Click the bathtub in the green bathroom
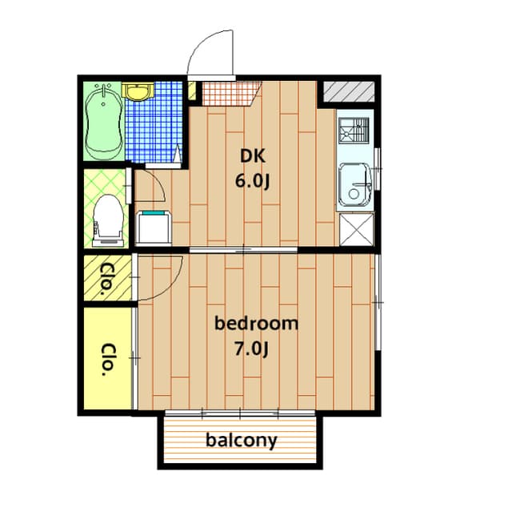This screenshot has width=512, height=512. click(104, 122)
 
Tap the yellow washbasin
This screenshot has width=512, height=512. click(138, 91)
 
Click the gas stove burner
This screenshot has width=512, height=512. click(354, 131)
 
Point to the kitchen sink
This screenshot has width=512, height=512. click(355, 185)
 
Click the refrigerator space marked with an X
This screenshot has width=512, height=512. click(356, 229)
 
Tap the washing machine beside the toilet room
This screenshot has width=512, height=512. click(154, 228)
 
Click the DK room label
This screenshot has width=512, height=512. click(253, 156)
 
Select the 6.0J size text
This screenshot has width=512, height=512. click(253, 181)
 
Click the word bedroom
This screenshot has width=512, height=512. click(256, 323)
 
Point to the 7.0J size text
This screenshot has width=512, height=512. click(251, 349)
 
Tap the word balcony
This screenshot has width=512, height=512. click(242, 441)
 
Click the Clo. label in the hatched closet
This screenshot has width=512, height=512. click(106, 279)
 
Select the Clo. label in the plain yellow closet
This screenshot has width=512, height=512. click(108, 359)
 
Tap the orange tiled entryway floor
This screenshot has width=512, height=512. click(230, 94)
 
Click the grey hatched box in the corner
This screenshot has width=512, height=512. click(349, 91)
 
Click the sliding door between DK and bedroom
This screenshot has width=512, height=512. click(243, 250)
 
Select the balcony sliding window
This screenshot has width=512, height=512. click(240, 413)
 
